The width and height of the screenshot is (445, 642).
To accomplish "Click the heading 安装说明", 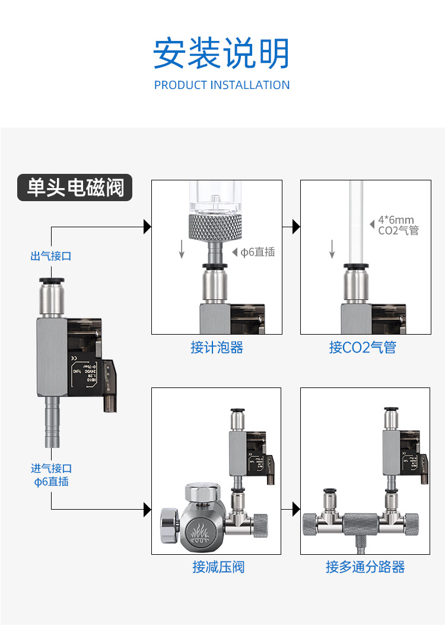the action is tap(221, 53).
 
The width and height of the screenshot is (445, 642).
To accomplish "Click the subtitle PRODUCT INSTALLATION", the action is tap(222, 85).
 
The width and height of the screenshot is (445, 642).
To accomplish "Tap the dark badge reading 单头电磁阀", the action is tap(75, 187).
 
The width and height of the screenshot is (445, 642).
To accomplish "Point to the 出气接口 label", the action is tap(51, 256).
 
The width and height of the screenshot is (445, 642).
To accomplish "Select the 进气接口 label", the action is tap(51, 469).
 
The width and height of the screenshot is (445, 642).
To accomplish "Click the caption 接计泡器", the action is tap(217, 348).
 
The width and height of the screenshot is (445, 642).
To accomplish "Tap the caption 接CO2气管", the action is tap(363, 348).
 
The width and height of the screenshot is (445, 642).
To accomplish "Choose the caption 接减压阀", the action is tap(218, 567).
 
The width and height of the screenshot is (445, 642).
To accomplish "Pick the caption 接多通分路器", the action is tap(365, 567).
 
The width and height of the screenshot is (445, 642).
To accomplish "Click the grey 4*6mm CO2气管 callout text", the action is tap(398, 225).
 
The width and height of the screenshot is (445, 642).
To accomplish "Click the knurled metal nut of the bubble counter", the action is tap(215, 227).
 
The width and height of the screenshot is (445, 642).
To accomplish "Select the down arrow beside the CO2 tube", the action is tap(332, 250).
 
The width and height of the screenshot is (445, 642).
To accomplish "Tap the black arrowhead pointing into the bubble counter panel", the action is tap(148, 226).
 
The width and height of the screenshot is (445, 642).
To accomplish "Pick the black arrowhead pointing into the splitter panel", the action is tap(297, 509).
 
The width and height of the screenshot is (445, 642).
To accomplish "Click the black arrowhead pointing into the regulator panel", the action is tap(148, 509).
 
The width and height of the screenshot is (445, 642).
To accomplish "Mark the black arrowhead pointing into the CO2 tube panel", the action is tap(297, 226).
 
